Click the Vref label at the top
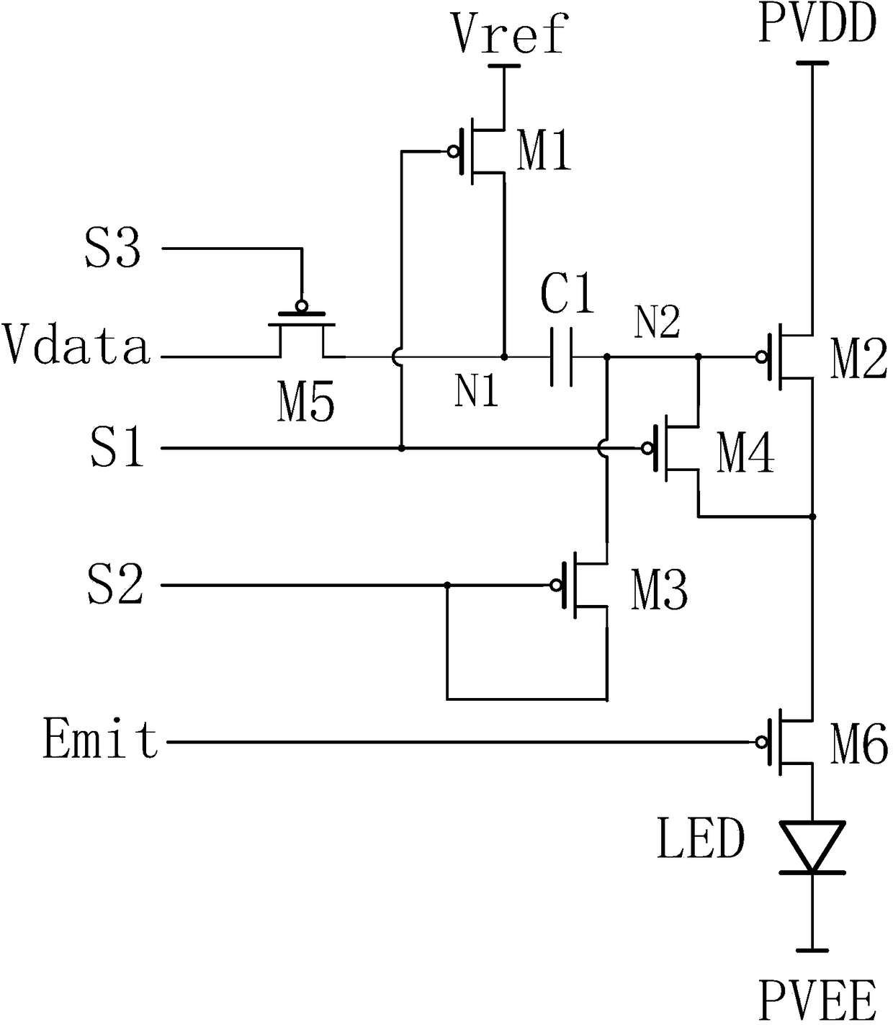509,34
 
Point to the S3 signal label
112,248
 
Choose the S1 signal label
116,447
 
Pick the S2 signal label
115,583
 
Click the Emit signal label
101,740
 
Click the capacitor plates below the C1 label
562,357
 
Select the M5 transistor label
305,401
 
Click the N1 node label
476,391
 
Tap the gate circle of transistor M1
454,151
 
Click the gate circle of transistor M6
762,742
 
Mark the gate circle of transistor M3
556,585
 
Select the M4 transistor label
745,455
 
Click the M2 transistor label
858,358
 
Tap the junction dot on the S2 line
447,585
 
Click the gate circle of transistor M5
302,305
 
